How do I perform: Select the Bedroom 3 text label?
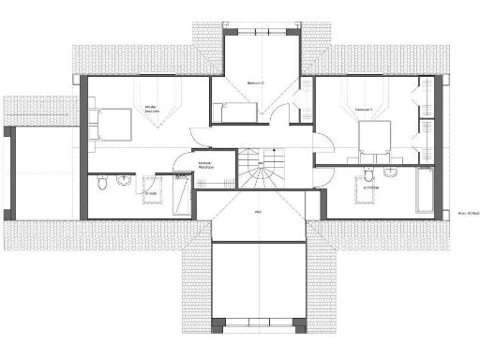[x=255, y=83]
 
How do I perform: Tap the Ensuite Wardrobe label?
[x=204, y=165]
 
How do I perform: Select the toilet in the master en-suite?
[x=102, y=182]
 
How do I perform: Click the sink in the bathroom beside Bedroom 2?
[x=390, y=174]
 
